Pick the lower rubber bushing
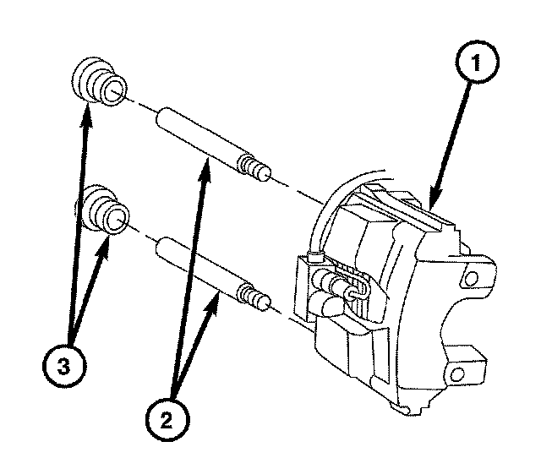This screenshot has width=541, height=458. click(103, 211)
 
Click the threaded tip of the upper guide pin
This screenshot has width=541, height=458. click(257, 166)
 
